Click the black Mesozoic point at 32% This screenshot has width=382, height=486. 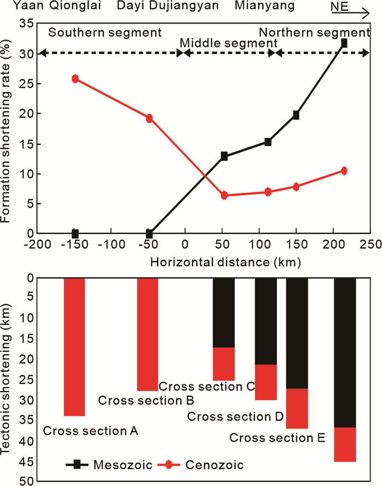tap(344, 43)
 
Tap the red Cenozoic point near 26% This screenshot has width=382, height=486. tap(75, 79)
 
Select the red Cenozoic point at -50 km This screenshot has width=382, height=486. tap(149, 118)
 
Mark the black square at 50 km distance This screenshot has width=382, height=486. tap(224, 156)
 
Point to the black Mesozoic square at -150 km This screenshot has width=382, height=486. tap(75, 234)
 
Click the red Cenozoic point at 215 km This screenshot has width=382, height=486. tap(344, 171)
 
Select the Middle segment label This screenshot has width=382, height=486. tap(229, 43)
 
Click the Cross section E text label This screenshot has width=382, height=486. tap(277, 438)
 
